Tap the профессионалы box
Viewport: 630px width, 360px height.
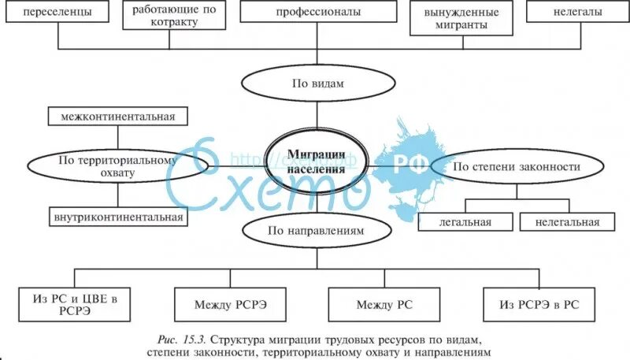[318, 12]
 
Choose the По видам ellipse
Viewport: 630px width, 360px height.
[317, 82]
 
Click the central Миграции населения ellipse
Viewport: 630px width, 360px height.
[316, 161]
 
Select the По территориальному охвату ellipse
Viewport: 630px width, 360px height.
[119, 166]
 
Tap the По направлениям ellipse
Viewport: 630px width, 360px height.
[317, 233]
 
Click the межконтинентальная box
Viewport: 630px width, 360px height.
[118, 117]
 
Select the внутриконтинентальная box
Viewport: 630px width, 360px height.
[119, 217]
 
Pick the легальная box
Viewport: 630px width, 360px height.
[465, 221]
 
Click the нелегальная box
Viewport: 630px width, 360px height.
[566, 221]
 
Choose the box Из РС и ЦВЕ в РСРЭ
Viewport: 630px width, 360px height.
[76, 302]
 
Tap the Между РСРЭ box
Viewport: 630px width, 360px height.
[230, 303]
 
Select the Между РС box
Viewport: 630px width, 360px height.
[384, 303]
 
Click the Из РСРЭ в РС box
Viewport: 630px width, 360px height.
[539, 303]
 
